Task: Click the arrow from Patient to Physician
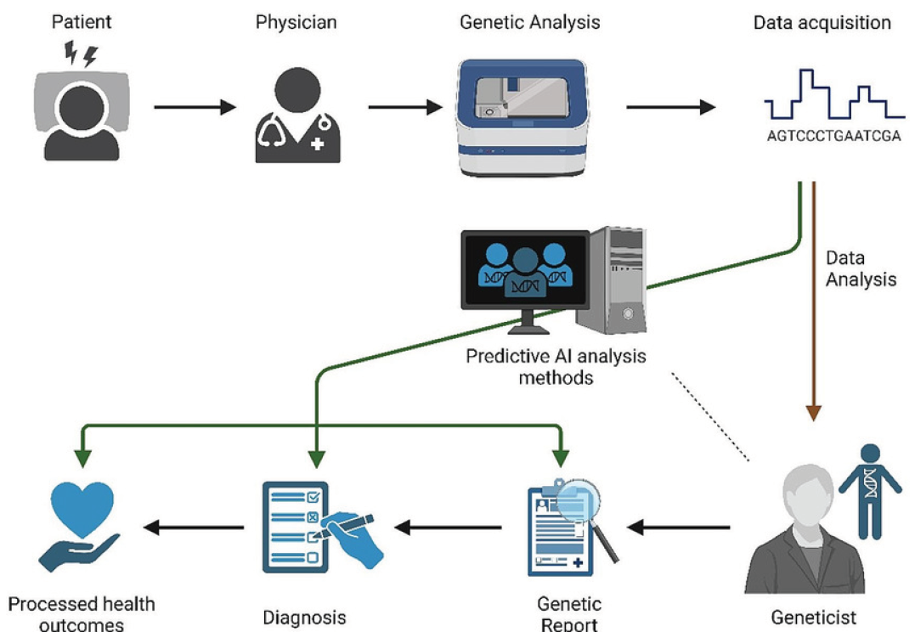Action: pyautogui.click(x=194, y=108)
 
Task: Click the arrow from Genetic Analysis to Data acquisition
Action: pyautogui.click(x=669, y=108)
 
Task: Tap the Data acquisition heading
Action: pyautogui.click(x=822, y=22)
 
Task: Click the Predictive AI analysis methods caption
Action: pyautogui.click(x=556, y=366)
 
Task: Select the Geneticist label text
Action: pyautogui.click(x=813, y=618)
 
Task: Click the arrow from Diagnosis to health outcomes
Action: pyautogui.click(x=194, y=528)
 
